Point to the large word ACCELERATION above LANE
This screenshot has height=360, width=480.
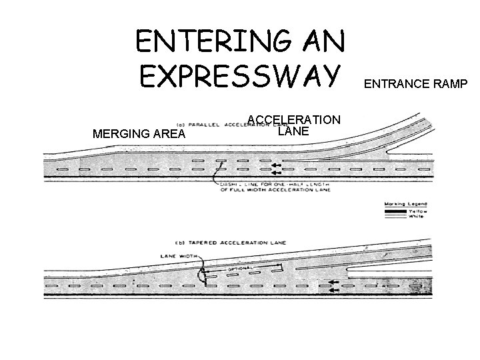tap(294, 119)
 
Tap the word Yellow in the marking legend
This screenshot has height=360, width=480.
tap(417, 211)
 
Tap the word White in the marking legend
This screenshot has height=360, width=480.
tap(417, 217)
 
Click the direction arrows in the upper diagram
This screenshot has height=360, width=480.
tap(275, 167)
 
